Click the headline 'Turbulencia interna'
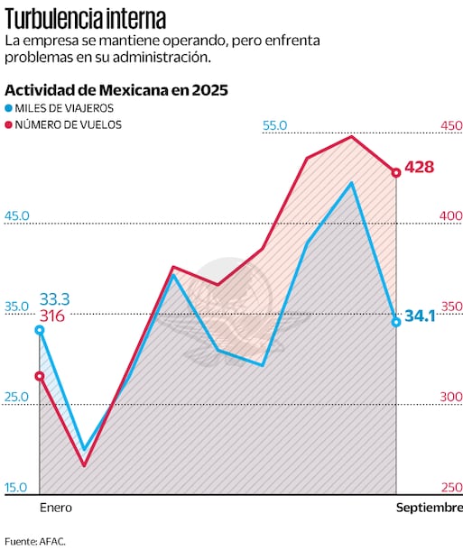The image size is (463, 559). (x=85, y=19)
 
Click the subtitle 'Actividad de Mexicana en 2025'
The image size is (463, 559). (x=116, y=90)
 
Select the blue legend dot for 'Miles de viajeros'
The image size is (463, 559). (x=9, y=108)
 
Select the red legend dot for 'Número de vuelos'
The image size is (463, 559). (x=9, y=125)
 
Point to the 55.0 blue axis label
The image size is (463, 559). (x=274, y=126)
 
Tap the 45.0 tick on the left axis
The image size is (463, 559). (x=17, y=216)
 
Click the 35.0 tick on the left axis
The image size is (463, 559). (x=17, y=307)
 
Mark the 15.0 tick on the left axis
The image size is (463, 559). (x=17, y=488)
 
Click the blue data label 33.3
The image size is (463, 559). (x=54, y=299)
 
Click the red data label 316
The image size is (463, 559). (x=51, y=316)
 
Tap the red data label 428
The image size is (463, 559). (x=420, y=168)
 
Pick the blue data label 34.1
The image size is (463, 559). (x=420, y=316)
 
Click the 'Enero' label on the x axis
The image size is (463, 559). (x=55, y=509)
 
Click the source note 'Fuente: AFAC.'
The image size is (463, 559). (x=34, y=542)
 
